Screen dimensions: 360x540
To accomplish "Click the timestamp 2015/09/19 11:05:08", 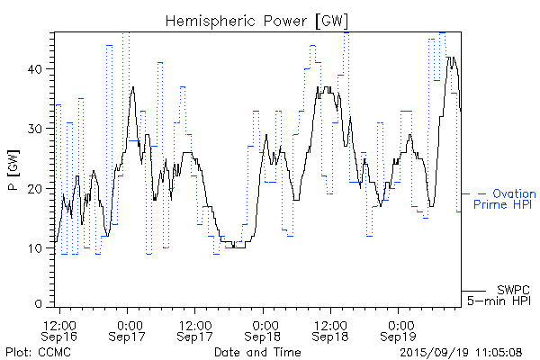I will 462,351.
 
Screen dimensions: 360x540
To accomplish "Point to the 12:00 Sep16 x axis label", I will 60,329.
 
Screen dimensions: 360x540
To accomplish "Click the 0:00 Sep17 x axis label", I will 128,329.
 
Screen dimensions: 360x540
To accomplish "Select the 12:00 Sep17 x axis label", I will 195,329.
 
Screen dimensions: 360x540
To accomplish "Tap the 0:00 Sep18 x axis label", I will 264,329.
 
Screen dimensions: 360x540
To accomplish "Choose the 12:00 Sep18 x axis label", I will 331,329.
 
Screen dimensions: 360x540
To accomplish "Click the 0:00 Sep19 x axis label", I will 399,329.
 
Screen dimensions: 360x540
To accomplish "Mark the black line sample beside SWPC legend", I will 474,290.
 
